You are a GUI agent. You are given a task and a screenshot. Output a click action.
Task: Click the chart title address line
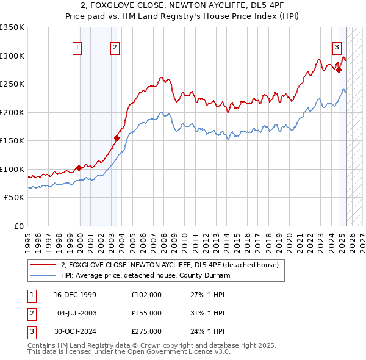point(182,5)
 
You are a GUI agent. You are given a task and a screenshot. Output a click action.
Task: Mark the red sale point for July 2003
point(117,138)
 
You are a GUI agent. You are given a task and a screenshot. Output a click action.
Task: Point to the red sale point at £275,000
point(339,70)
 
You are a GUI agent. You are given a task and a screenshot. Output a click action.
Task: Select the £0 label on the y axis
point(18,226)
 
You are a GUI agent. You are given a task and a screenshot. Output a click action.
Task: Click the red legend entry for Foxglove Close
point(170,265)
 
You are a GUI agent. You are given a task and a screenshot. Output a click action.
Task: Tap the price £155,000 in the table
point(146,313)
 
